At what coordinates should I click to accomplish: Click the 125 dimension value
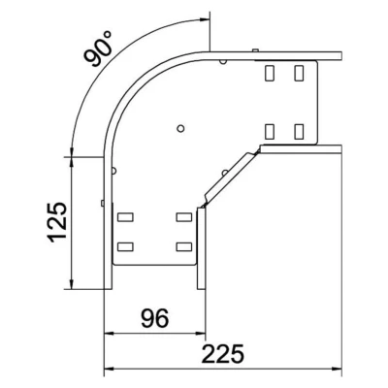(57, 222)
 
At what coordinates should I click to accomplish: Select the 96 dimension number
(154, 318)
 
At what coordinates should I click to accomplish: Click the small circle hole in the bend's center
(180, 128)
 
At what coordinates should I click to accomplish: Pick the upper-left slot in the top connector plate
(269, 73)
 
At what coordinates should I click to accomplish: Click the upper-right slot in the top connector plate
(299, 73)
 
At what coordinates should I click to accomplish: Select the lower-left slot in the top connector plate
(269, 132)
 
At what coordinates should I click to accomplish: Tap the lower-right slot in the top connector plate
(299, 132)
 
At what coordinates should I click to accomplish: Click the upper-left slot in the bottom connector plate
(125, 217)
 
